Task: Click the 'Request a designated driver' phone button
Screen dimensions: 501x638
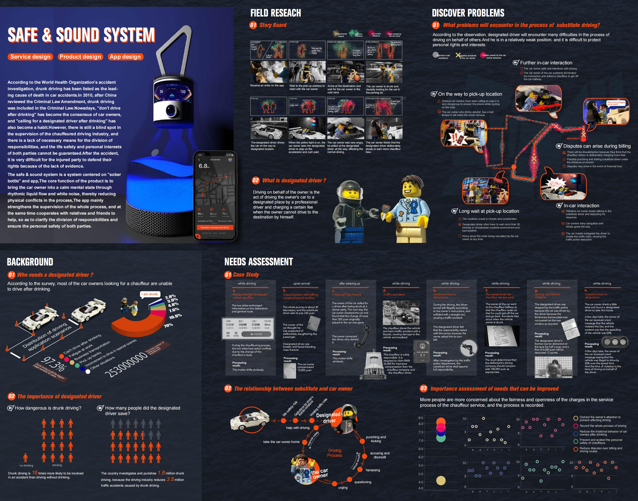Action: pyautogui.click(x=215, y=227)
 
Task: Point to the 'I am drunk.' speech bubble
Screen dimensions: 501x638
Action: pyautogui.click(x=150, y=294)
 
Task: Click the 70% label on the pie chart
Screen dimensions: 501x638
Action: pyautogui.click(x=168, y=325)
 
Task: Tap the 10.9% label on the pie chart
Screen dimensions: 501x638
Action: pyautogui.click(x=175, y=316)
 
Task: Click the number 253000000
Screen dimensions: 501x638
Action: pyautogui.click(x=126, y=365)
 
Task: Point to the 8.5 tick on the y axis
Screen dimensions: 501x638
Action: pyautogui.click(x=421, y=418)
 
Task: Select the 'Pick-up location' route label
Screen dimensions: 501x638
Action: pyautogui.click(x=501, y=168)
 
